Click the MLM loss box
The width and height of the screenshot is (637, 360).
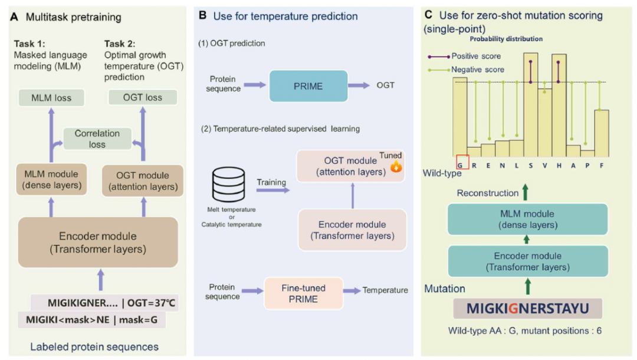coord(51,97)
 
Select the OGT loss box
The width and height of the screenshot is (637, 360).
coord(143,97)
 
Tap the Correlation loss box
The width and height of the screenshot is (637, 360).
coord(97,139)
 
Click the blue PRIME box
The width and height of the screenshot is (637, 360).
coord(308,86)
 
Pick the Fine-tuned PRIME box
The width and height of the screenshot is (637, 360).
coord(304,293)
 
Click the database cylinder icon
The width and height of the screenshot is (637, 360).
coord(229,185)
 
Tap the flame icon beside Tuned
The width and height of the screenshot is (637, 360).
coord(396,166)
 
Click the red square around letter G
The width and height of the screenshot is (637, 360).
coord(462,162)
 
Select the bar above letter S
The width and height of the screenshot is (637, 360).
coord(531,105)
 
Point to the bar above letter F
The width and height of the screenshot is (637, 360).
coord(602,133)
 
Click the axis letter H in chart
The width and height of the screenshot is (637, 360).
coord(559,165)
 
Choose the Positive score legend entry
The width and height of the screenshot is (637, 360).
coord(464,56)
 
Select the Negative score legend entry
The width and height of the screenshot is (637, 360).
coord(466,70)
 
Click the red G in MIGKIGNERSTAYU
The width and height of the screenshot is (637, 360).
coord(513,309)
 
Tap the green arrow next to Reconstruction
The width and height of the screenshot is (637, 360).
coord(526,192)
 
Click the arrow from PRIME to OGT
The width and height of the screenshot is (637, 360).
coord(359,86)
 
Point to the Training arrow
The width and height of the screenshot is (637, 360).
coord(273,190)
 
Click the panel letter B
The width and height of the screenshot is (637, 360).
coord(202,15)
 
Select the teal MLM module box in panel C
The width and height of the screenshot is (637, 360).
coord(527,220)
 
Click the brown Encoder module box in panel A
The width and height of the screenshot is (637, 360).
coord(98,242)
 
